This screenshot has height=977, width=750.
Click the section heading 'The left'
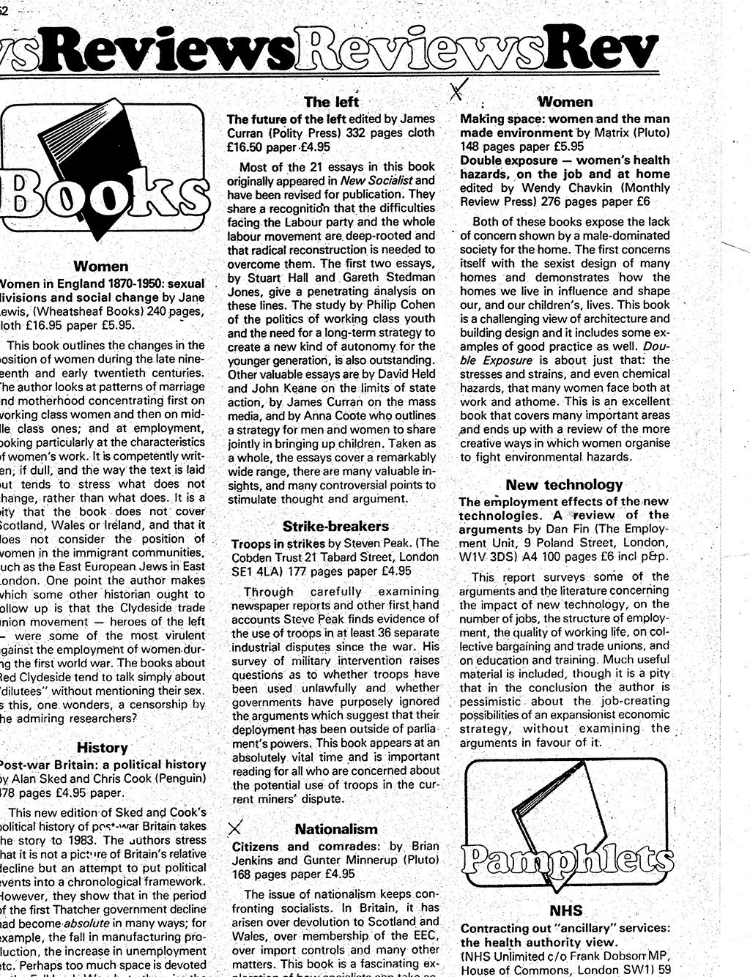point(331,102)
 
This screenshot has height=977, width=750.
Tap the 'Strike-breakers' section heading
point(335,526)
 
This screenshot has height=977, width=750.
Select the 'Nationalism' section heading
point(336,829)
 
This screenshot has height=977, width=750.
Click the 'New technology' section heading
point(563,484)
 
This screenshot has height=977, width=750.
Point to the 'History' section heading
point(102,747)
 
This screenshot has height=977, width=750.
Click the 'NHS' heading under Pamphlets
point(565,910)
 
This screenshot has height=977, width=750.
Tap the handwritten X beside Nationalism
point(235,828)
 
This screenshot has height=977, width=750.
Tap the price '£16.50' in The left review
point(245,146)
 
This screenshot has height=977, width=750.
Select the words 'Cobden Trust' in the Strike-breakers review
point(267,557)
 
